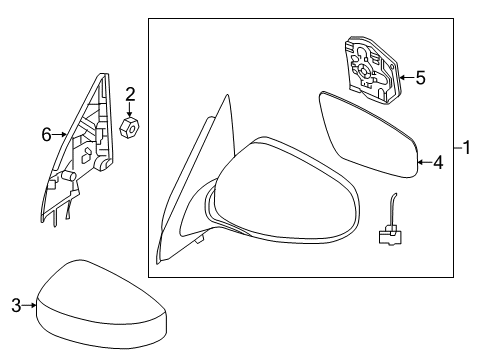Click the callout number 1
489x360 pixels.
[467, 147]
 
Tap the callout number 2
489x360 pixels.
[130, 94]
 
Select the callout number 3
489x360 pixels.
[16, 305]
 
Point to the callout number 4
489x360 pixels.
[438, 163]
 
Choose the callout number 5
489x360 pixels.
[421, 78]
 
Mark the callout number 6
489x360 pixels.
[47, 135]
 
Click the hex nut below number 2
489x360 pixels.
[129, 127]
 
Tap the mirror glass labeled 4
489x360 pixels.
[369, 135]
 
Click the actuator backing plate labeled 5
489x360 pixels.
[371, 70]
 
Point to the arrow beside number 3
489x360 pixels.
[29, 305]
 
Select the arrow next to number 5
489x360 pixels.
[407, 78]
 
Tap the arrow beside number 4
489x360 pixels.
[425, 162]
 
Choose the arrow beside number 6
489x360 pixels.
[59, 135]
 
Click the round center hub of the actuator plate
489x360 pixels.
[363, 71]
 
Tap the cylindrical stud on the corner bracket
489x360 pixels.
[69, 175]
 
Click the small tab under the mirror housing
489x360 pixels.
[200, 239]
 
